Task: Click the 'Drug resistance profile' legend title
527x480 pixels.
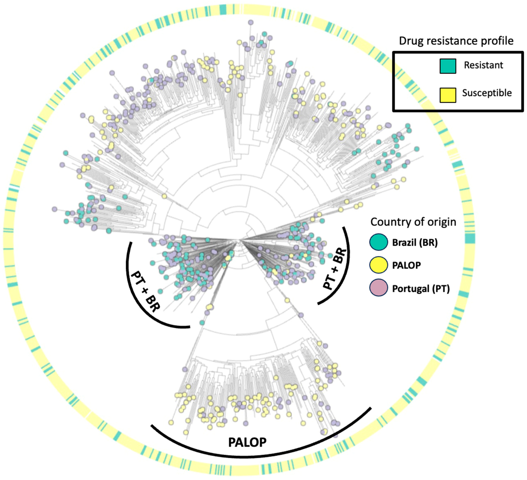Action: point(456,41)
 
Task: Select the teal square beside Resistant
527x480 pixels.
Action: point(448,66)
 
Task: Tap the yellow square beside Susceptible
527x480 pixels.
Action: point(448,95)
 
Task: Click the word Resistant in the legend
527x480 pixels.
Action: point(483,65)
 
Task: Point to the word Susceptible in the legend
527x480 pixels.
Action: point(487,93)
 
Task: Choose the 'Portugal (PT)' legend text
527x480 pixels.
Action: point(421,289)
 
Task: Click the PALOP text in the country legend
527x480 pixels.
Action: point(406,265)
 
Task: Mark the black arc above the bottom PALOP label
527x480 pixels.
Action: point(261,456)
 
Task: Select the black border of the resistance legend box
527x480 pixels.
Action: point(393,82)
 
